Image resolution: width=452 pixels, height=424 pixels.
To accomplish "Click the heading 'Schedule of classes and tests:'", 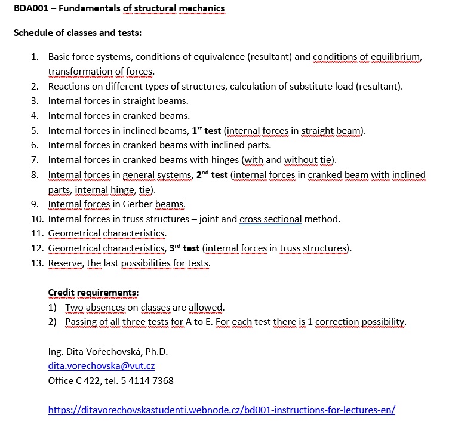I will [77, 32].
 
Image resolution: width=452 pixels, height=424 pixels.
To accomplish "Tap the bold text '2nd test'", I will [212, 175].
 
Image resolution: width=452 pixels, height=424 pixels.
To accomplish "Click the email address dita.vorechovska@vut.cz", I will [102, 365].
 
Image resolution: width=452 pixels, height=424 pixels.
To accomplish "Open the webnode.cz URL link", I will [222, 410].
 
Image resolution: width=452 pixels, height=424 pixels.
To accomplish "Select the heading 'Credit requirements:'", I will [93, 293].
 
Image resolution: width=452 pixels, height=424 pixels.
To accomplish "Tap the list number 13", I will [36, 263].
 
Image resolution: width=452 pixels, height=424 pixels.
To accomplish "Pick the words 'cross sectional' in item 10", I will [270, 219].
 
